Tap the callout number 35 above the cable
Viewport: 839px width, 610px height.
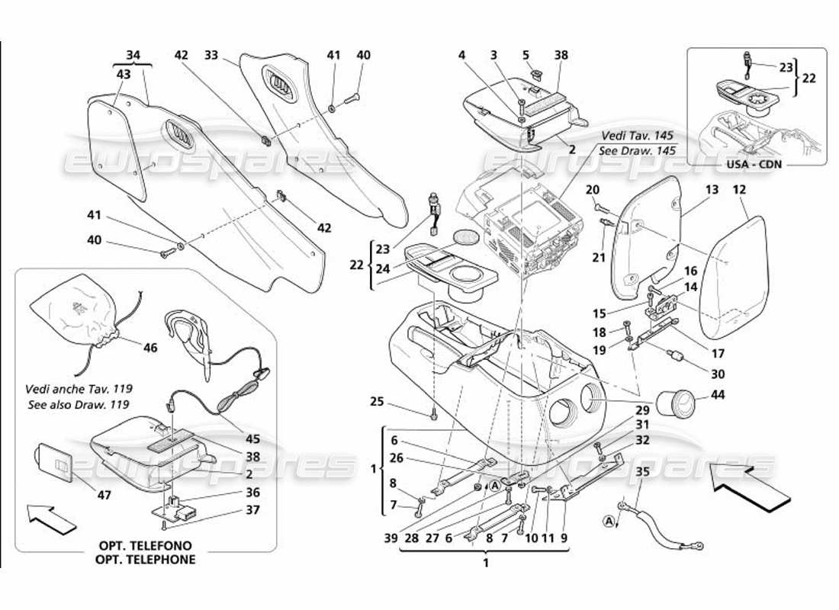pos(643,471)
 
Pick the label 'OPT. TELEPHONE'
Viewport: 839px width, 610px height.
pos(146,559)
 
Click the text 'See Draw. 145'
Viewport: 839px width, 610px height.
pos(638,150)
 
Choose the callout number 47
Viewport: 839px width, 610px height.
pos(104,495)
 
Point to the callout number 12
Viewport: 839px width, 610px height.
pos(739,188)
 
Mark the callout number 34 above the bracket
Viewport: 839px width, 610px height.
pos(133,55)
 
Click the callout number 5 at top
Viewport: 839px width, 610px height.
pos(547,55)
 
